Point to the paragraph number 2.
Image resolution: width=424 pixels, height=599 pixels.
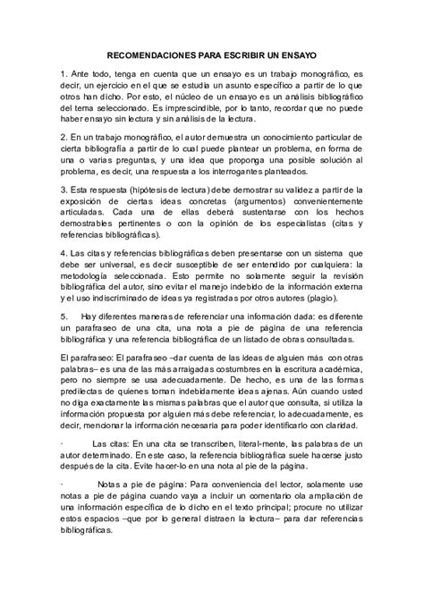62,138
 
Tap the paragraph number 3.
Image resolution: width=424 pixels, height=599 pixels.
62,190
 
